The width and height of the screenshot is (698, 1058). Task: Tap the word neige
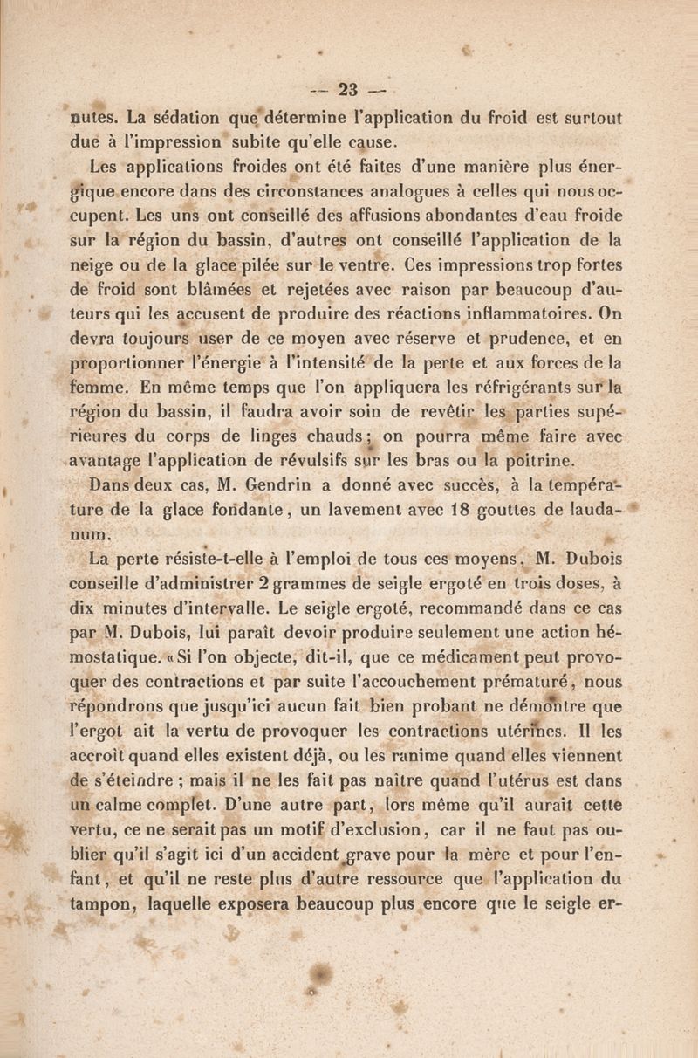coord(92,263)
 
